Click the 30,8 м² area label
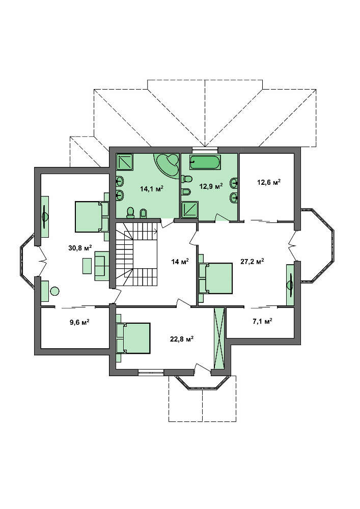point(80,248)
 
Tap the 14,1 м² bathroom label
point(151,189)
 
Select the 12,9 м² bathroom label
point(211,186)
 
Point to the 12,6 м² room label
point(269,182)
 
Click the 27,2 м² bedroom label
point(252,261)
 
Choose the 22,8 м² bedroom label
point(182,339)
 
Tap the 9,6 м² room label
point(79,322)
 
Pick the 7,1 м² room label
point(262,321)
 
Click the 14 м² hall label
point(180,261)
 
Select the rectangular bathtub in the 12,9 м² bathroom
point(205,162)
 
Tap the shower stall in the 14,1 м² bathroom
point(125,162)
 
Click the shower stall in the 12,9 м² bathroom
point(189,210)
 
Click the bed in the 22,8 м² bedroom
point(133,338)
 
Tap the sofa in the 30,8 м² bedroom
point(102,266)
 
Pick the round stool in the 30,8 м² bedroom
point(55,291)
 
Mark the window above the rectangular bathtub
point(205,150)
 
